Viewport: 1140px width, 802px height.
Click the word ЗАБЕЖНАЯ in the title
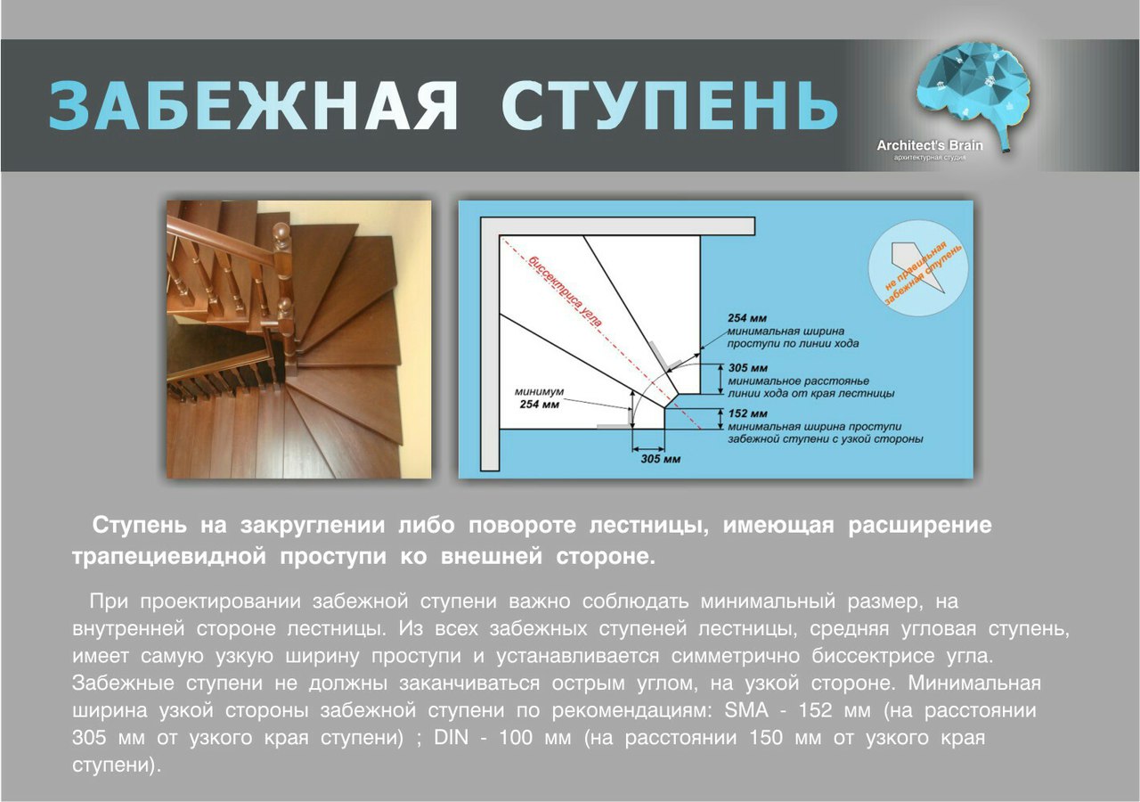click(x=253, y=106)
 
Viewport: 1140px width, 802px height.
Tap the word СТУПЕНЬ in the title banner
click(x=669, y=106)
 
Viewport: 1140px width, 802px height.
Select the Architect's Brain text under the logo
click(x=929, y=145)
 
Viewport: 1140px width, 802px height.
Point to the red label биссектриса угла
click(x=566, y=291)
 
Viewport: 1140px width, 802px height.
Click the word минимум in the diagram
click(x=539, y=392)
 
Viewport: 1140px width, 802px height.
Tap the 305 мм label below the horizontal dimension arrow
click(x=660, y=459)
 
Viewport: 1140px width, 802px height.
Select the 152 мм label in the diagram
click(x=747, y=413)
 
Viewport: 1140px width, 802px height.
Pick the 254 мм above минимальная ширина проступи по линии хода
click(x=746, y=318)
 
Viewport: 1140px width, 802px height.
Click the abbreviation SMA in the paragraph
click(x=746, y=710)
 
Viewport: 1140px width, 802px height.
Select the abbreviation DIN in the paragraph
click(x=451, y=737)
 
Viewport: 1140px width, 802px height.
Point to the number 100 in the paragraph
click(x=516, y=737)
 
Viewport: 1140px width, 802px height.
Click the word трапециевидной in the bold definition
click(x=169, y=557)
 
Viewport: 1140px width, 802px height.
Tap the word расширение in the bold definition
click(x=920, y=526)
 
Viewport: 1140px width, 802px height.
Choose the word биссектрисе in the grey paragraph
click(x=873, y=656)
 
